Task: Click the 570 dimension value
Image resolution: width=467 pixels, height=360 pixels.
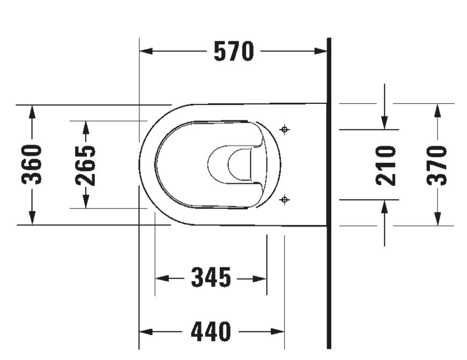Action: click(233, 51)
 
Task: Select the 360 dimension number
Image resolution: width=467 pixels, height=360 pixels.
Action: click(32, 164)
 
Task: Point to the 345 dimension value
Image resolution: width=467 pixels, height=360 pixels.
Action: click(211, 278)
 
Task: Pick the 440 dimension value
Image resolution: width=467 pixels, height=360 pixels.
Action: click(211, 332)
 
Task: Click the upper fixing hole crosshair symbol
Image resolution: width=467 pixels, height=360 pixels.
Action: click(285, 129)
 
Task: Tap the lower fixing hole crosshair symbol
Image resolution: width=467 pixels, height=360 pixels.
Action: click(285, 200)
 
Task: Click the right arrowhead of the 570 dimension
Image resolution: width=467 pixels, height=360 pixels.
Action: click(321, 51)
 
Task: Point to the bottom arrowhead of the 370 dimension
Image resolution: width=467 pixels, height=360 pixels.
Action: click(438, 219)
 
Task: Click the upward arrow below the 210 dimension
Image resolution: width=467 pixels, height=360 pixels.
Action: click(385, 207)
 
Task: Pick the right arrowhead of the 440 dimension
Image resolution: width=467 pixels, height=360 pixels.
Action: click(278, 332)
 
